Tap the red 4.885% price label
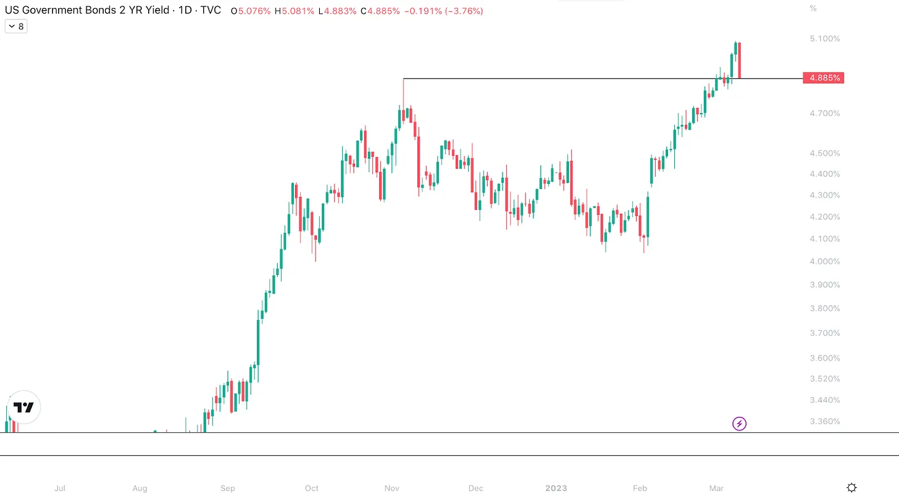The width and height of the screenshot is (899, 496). tap(822, 78)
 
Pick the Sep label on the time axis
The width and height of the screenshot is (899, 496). tap(228, 488)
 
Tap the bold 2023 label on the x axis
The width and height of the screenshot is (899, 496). tap(556, 488)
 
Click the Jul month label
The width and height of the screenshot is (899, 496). tap(60, 488)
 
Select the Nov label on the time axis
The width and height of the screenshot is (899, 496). tap(392, 488)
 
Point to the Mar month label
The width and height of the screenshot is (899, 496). tap(716, 488)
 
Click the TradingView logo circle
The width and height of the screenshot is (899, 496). tap(24, 407)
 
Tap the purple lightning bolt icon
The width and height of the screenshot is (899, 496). tap(739, 424)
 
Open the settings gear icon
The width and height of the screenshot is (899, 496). tap(851, 487)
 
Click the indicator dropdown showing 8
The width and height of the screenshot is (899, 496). tap(16, 27)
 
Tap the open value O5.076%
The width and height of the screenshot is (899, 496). tap(251, 11)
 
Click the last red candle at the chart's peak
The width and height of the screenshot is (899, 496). tap(739, 60)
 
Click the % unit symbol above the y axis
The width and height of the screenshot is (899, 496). tap(813, 8)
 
